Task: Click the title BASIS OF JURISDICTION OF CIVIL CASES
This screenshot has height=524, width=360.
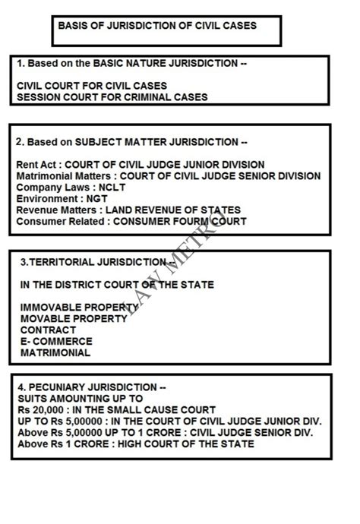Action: tap(157, 25)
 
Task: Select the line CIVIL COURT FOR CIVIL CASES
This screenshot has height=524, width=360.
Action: tap(92, 86)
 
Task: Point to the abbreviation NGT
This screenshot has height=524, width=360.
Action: tap(97, 198)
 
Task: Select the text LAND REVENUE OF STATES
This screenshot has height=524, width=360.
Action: tap(172, 210)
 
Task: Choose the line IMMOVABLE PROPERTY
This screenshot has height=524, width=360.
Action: tap(79, 308)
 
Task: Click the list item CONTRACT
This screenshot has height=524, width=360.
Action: tap(48, 330)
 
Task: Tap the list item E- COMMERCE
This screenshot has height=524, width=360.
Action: tap(55, 342)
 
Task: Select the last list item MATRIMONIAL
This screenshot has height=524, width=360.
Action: tap(55, 353)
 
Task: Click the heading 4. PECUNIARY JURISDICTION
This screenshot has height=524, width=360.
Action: tap(89, 387)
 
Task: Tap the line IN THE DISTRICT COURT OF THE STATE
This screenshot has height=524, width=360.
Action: tap(117, 285)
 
